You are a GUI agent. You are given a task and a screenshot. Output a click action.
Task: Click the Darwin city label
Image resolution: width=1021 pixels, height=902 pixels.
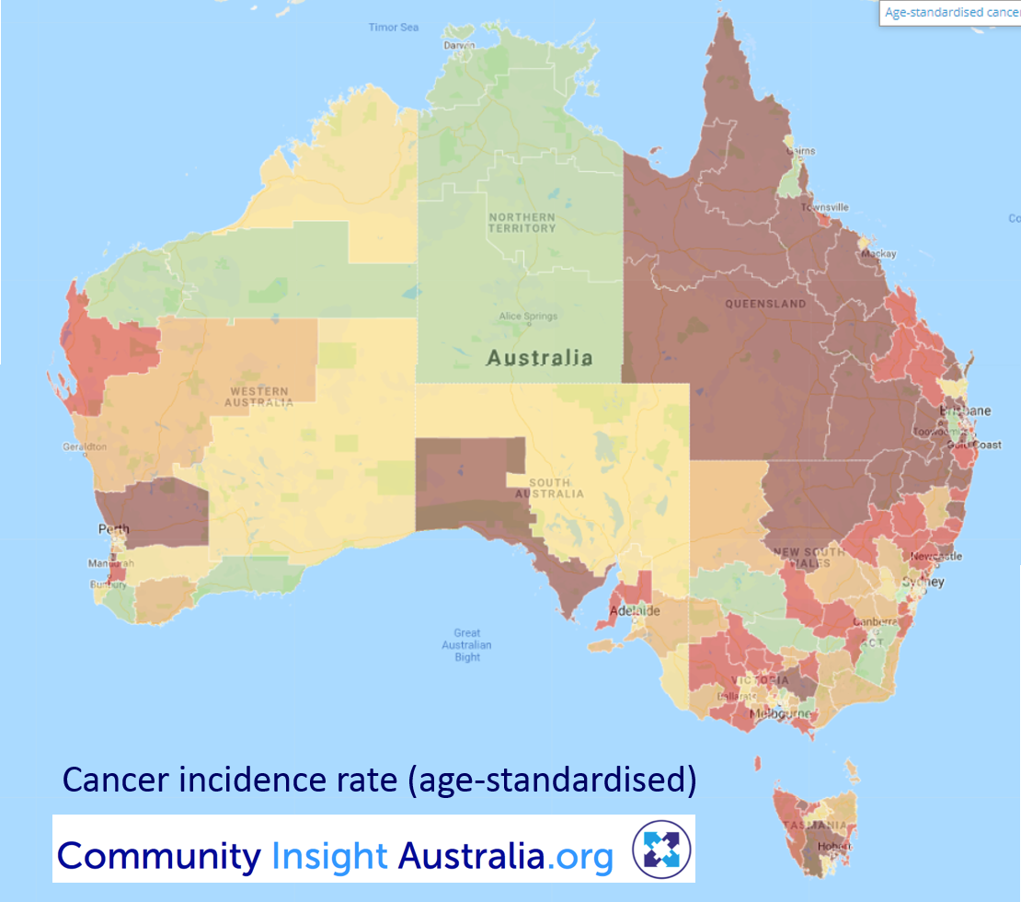point(459,45)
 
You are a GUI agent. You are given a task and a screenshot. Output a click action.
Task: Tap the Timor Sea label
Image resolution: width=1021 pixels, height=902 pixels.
point(393,28)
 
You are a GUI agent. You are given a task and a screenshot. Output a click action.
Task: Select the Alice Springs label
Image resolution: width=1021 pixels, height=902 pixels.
point(528,317)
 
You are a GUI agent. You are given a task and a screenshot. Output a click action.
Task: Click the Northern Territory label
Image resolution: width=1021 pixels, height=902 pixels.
point(522,223)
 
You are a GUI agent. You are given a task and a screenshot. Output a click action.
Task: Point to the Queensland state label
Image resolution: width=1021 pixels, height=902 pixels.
point(765,304)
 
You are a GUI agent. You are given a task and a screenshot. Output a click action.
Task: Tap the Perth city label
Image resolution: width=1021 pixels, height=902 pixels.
point(114,530)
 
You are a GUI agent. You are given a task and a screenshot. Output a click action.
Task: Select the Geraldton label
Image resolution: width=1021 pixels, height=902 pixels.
point(85,447)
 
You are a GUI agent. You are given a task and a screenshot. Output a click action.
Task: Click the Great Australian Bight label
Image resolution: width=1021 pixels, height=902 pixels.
point(467,644)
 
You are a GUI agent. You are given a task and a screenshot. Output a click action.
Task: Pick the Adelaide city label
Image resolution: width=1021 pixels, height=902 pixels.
point(633,610)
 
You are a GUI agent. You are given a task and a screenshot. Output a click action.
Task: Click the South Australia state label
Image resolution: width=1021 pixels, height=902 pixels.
point(556,488)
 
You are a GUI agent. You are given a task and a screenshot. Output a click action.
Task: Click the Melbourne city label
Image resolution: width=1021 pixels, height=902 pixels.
point(779,714)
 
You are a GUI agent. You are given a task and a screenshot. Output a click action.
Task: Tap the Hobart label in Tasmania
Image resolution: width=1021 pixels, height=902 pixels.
point(839,846)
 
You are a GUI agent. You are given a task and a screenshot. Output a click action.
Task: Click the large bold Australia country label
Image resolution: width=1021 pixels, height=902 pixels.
point(539,358)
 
